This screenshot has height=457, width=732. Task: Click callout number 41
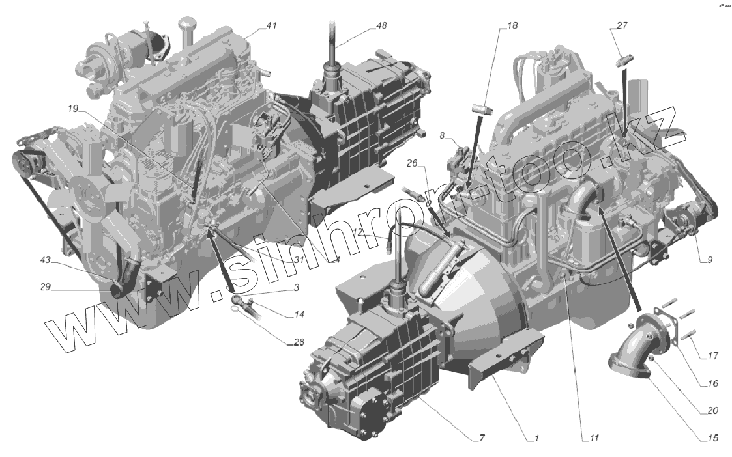click(271, 25)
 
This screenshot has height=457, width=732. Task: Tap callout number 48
click(381, 26)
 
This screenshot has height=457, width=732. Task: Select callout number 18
click(512, 25)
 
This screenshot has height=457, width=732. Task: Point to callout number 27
click(622, 25)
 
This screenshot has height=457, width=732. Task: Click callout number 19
click(72, 109)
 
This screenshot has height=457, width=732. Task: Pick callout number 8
click(442, 135)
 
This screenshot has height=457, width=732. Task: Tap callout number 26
click(411, 163)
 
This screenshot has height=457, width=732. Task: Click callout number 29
click(45, 287)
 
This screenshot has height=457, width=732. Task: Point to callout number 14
click(299, 315)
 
